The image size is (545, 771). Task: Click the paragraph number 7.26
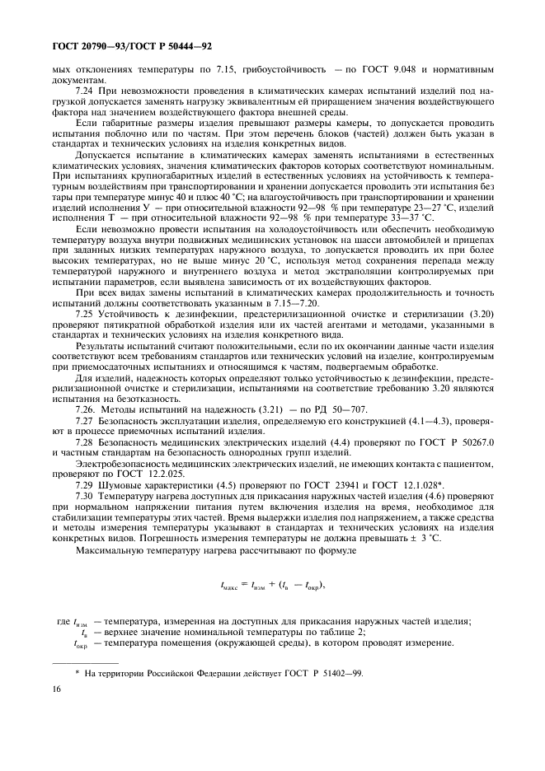tap(86, 409)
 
